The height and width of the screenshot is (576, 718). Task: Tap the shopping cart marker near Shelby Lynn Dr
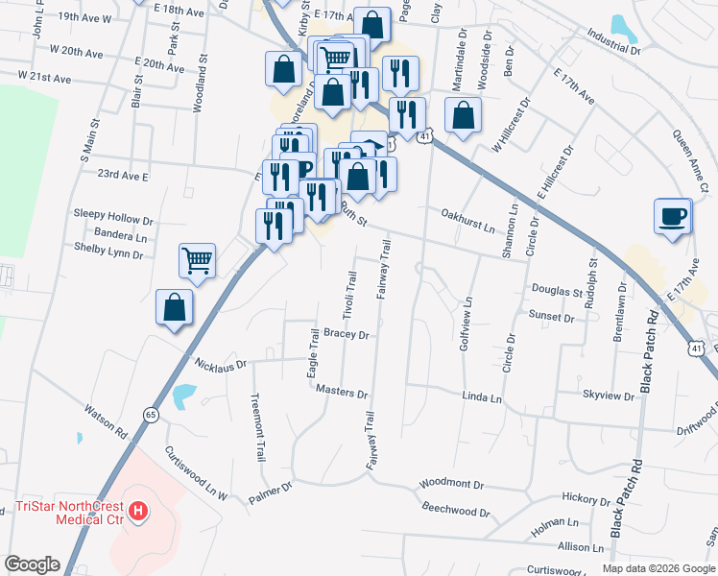[x=197, y=259]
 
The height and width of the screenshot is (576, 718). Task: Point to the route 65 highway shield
[x=151, y=414]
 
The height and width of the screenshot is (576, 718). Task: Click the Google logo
[x=32, y=564]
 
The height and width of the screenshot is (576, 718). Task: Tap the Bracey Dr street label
[x=346, y=334]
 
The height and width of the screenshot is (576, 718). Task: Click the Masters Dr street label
[x=342, y=394]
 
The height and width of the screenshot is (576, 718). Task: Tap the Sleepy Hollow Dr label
[x=113, y=220]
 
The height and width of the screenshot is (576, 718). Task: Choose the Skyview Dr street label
[x=608, y=396]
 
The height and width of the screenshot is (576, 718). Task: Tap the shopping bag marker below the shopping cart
[x=175, y=309]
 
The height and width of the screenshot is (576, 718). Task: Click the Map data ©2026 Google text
[x=658, y=568]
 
